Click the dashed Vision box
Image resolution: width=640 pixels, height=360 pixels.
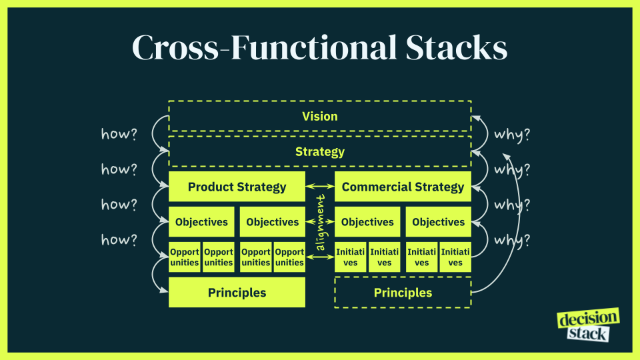[320, 117]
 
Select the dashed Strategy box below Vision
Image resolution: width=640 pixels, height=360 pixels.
[320, 152]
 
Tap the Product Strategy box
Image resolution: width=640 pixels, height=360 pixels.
[237, 187]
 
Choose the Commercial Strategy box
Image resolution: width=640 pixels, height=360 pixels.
[403, 187]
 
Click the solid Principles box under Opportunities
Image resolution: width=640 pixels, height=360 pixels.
[237, 293]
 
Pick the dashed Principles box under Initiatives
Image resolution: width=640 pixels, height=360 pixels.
[403, 293]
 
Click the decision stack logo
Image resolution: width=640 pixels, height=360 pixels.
[587, 325]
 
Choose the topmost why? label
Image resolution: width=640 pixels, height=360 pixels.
[512, 134]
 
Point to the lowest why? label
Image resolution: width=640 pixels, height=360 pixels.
[512, 239]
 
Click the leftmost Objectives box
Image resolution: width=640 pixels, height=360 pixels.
[201, 222]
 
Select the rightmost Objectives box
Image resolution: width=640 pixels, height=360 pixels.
[438, 222]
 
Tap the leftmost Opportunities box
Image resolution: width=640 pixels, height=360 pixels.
[185, 257]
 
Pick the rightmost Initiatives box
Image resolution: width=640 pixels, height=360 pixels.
[455, 257]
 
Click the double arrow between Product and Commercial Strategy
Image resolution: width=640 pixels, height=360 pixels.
[320, 187]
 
